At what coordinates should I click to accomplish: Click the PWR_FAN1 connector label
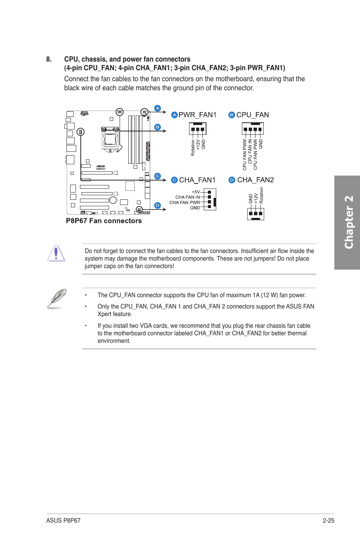(x=197, y=115)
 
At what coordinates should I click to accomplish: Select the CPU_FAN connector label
(x=252, y=115)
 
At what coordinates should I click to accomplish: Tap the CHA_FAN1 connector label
(x=197, y=180)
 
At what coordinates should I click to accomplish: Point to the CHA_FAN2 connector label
(x=255, y=180)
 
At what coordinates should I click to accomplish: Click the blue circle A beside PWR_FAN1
(x=174, y=115)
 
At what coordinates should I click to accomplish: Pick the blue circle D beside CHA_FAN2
(x=232, y=180)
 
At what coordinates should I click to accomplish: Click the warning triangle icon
(x=56, y=253)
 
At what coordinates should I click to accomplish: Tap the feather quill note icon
(x=57, y=298)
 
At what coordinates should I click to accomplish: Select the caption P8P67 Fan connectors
(x=104, y=221)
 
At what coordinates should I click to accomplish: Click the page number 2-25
(x=328, y=520)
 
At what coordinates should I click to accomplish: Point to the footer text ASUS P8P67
(x=63, y=520)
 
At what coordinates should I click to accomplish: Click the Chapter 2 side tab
(x=347, y=222)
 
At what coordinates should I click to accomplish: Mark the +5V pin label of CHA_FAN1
(x=196, y=192)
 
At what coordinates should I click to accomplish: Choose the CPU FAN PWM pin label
(x=245, y=154)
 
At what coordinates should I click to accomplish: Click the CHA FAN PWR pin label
(x=185, y=202)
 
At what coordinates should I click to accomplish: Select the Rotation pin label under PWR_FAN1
(x=193, y=148)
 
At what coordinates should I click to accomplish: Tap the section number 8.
(x=49, y=59)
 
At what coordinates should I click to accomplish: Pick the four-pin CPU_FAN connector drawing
(x=252, y=129)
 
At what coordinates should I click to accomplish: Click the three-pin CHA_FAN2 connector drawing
(x=255, y=214)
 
